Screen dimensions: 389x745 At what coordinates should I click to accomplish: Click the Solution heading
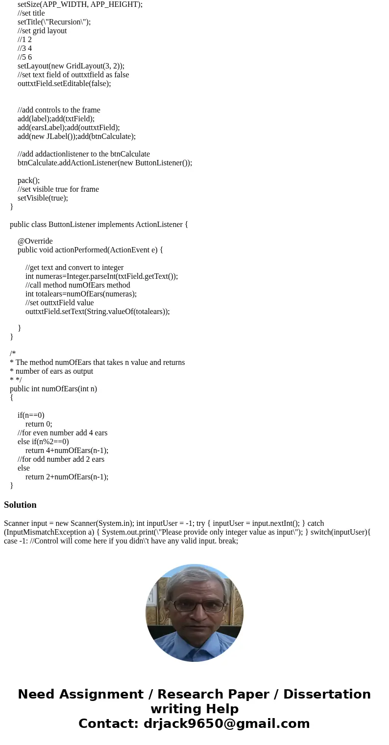tap(20, 505)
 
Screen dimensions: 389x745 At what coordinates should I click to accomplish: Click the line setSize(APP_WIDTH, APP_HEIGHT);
tap(80, 4)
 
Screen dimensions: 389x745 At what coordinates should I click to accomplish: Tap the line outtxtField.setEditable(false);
tap(64, 84)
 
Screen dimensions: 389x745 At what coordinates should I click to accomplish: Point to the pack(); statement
tap(28, 181)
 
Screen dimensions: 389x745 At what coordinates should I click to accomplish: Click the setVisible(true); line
tap(43, 198)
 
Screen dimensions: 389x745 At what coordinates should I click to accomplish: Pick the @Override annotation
tap(35, 241)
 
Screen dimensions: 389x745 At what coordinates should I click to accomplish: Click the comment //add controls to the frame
tap(59, 110)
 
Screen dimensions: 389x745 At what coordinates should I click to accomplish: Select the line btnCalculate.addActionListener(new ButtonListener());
tap(105, 163)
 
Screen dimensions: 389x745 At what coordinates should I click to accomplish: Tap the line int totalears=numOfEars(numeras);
tap(81, 294)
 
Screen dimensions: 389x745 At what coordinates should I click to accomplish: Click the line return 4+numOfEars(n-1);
tap(67, 451)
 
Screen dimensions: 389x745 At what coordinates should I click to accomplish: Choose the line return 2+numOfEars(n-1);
tap(67, 477)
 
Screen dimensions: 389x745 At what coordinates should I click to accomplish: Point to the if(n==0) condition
tap(31, 415)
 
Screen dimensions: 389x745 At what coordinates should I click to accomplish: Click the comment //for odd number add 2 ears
tap(61, 459)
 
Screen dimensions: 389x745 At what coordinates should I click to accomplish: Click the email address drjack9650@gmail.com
tap(226, 723)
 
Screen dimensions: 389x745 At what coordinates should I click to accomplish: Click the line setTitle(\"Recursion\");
tap(54, 22)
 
